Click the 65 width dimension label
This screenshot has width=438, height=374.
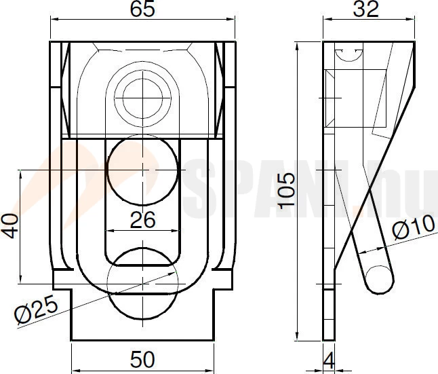pos(142,10)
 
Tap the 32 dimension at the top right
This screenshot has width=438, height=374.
pos(365,10)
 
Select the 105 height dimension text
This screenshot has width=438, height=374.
pos(287,191)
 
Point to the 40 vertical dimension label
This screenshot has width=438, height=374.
pos(10,226)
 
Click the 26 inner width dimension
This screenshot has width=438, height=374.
pos(142,220)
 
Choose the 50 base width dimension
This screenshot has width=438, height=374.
pos(142,360)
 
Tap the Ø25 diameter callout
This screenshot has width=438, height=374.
pos(37,310)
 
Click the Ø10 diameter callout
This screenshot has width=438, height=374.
pos(414,227)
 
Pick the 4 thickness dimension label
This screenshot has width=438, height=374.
pos(329,360)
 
